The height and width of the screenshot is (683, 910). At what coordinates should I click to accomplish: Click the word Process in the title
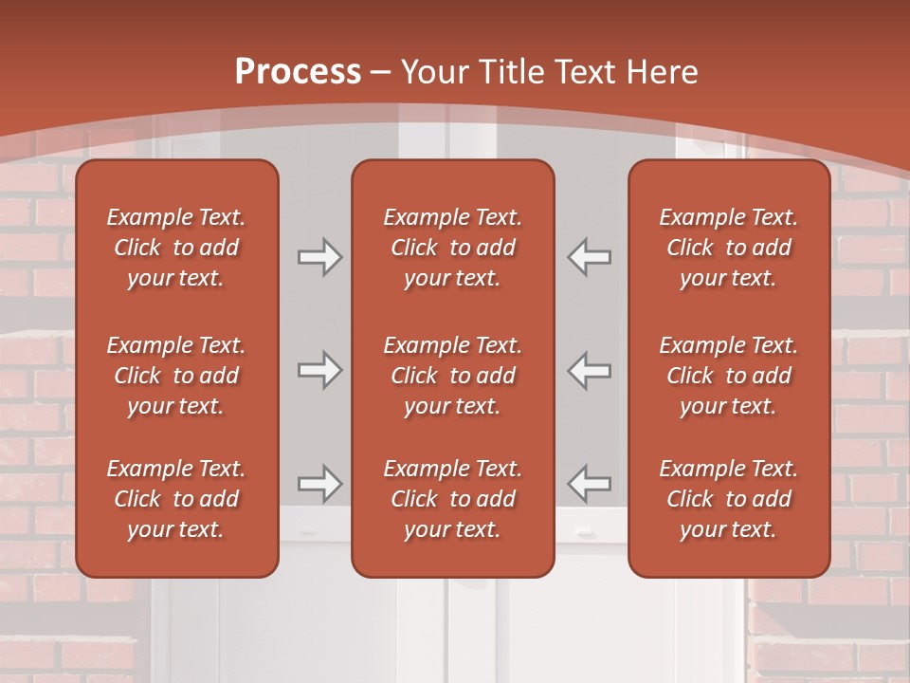(298, 72)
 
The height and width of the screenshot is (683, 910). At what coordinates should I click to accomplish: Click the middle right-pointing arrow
(319, 370)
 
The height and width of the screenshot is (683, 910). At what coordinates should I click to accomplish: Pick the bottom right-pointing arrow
(319, 484)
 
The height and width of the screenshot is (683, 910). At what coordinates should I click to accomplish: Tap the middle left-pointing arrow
(590, 370)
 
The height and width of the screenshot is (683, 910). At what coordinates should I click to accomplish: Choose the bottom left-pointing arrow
(590, 484)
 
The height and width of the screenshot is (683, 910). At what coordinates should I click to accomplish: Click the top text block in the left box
(176, 248)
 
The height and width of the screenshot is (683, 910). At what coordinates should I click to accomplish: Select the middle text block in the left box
(176, 376)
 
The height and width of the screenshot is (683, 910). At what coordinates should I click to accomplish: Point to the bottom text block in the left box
(176, 499)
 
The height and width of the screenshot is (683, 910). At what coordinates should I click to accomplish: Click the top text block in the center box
(452, 248)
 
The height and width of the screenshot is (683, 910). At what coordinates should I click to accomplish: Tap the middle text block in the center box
(452, 376)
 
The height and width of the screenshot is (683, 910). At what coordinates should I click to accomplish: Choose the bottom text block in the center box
(452, 499)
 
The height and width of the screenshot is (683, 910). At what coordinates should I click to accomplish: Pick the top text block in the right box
(728, 248)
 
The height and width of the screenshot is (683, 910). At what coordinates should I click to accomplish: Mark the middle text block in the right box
(728, 376)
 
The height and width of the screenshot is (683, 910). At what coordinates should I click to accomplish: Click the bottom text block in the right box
(728, 499)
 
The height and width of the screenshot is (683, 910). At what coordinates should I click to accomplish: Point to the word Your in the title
(433, 72)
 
